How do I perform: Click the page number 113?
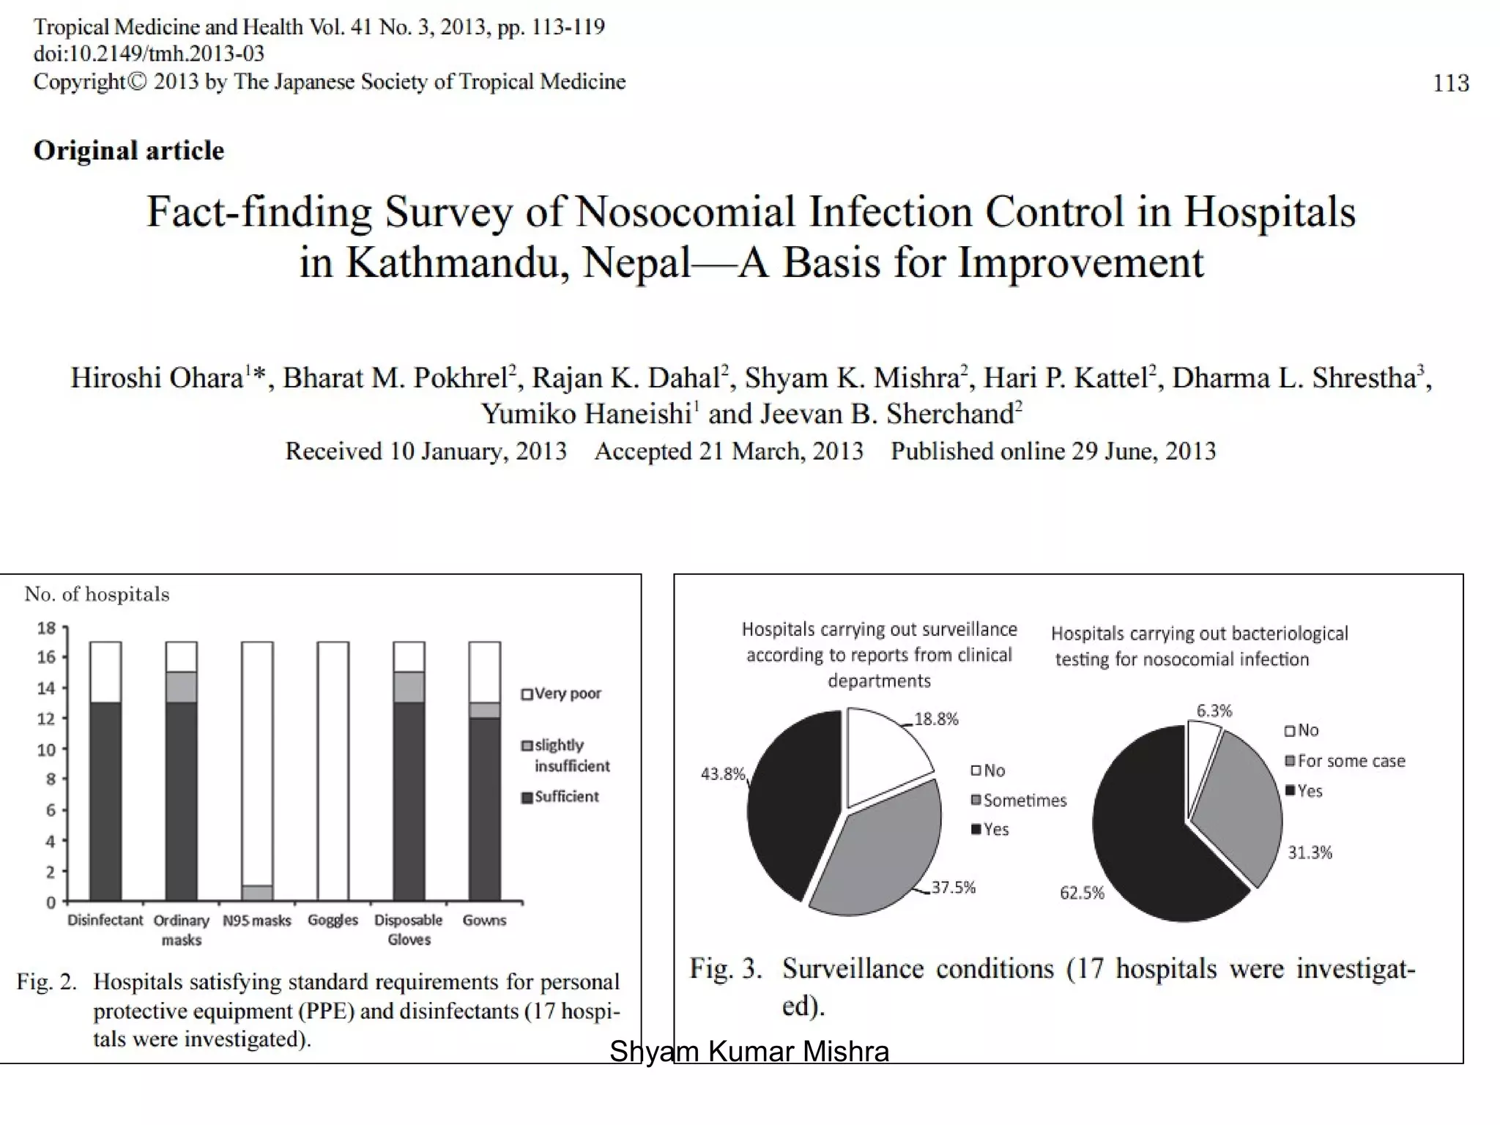pos(1450,83)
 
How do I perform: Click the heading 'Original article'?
pos(129,151)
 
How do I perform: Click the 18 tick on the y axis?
pos(47,628)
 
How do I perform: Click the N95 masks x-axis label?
pos(257,921)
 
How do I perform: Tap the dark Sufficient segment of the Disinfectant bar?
pos(105,801)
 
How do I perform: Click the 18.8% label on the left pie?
pos(936,719)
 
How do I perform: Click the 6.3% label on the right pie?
pos(1214,710)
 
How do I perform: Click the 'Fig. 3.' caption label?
pos(725,969)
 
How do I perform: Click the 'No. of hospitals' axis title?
pos(97,594)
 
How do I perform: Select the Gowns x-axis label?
pos(484,921)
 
